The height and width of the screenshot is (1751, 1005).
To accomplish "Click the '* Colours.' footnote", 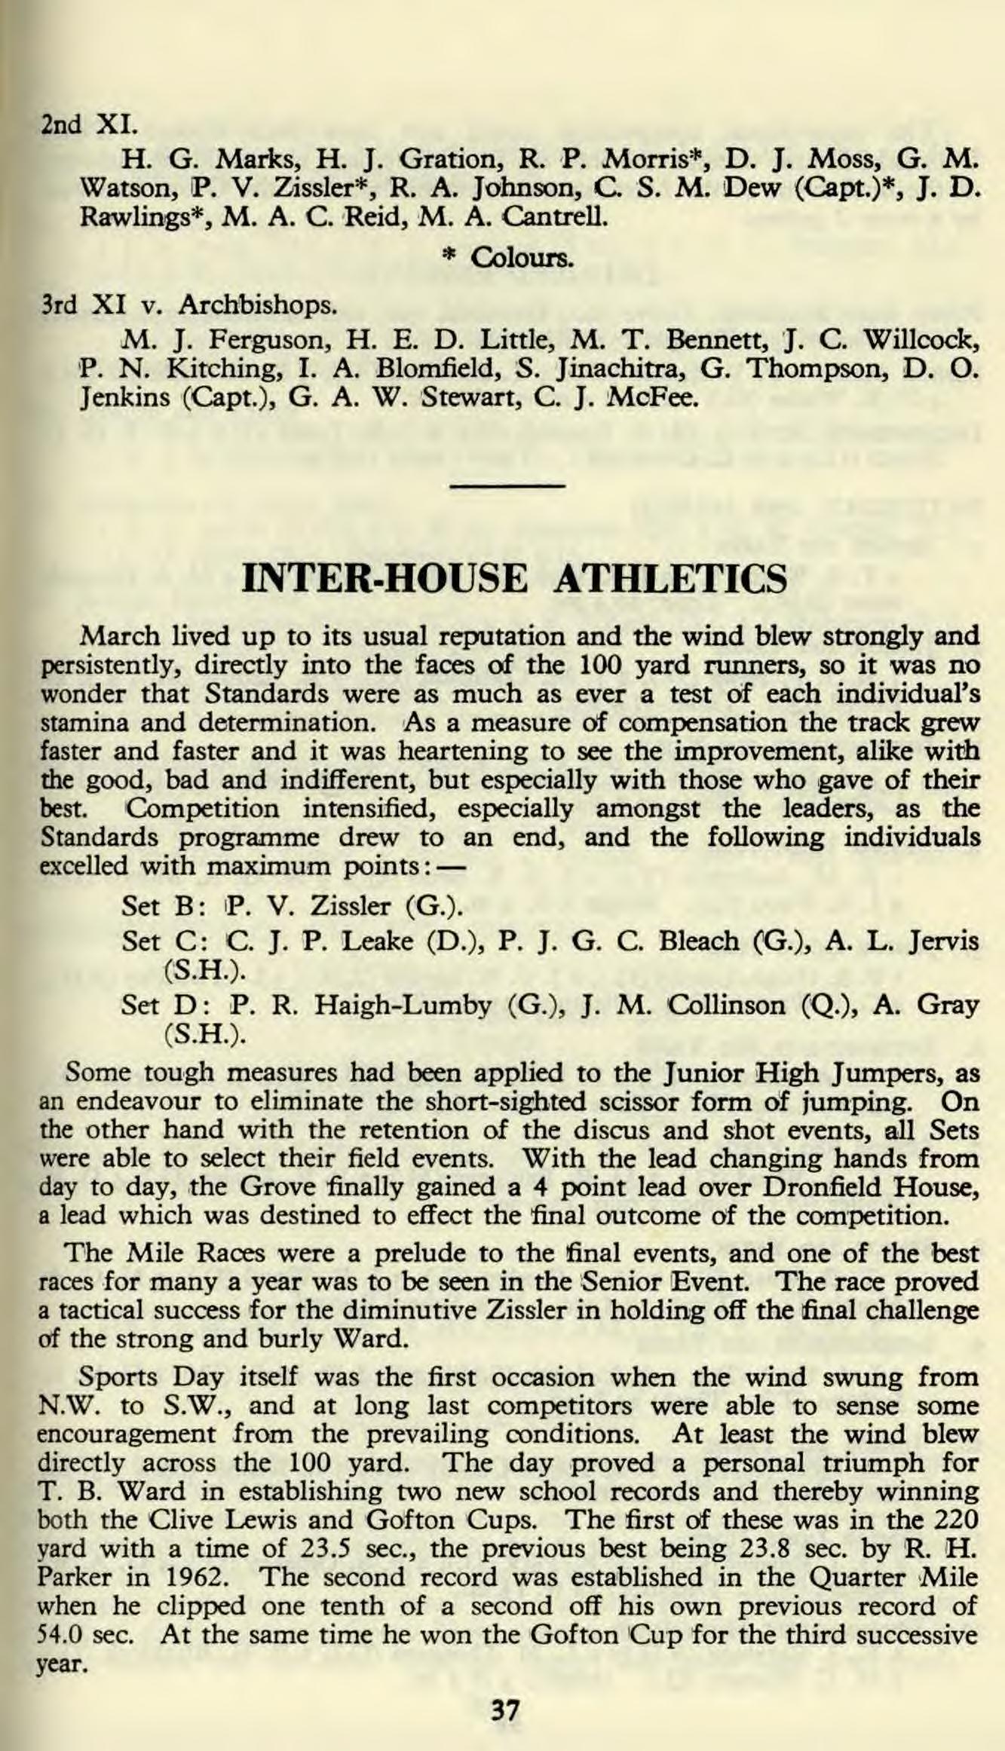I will (x=507, y=259).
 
